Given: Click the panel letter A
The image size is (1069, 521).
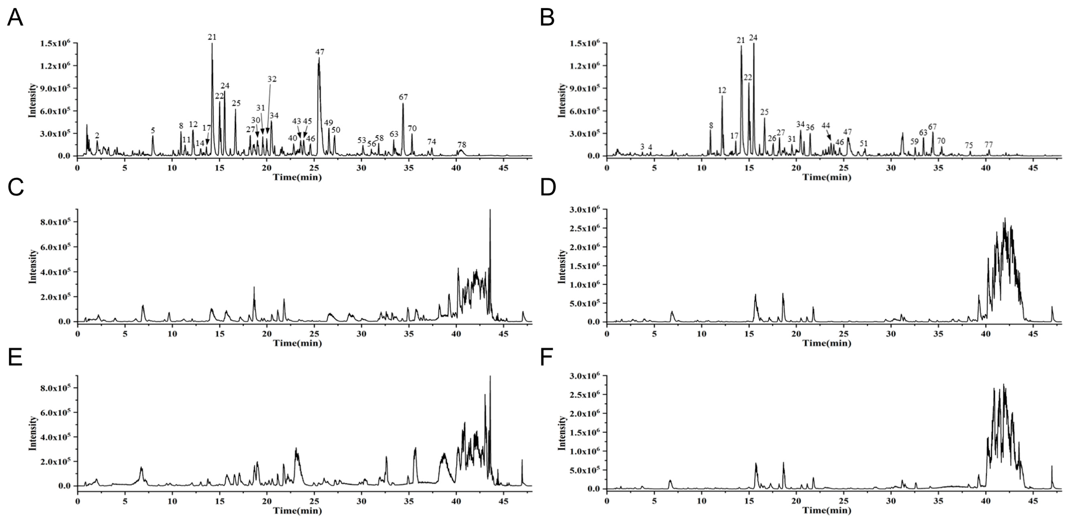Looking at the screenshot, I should [x=15, y=19].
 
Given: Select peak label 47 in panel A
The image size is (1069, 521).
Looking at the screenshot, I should [x=319, y=52].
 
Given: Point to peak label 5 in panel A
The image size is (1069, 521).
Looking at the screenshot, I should [x=153, y=131].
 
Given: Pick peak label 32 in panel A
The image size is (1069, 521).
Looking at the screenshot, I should [x=272, y=79].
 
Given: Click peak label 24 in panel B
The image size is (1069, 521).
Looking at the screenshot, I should [x=753, y=38].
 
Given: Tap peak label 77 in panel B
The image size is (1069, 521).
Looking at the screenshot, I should [x=989, y=145].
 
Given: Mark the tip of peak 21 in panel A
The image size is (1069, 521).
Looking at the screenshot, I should [x=212, y=44].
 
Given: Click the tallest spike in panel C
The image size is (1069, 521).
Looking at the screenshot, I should [x=490, y=210].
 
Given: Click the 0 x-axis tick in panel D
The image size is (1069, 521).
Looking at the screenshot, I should [x=607, y=333].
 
